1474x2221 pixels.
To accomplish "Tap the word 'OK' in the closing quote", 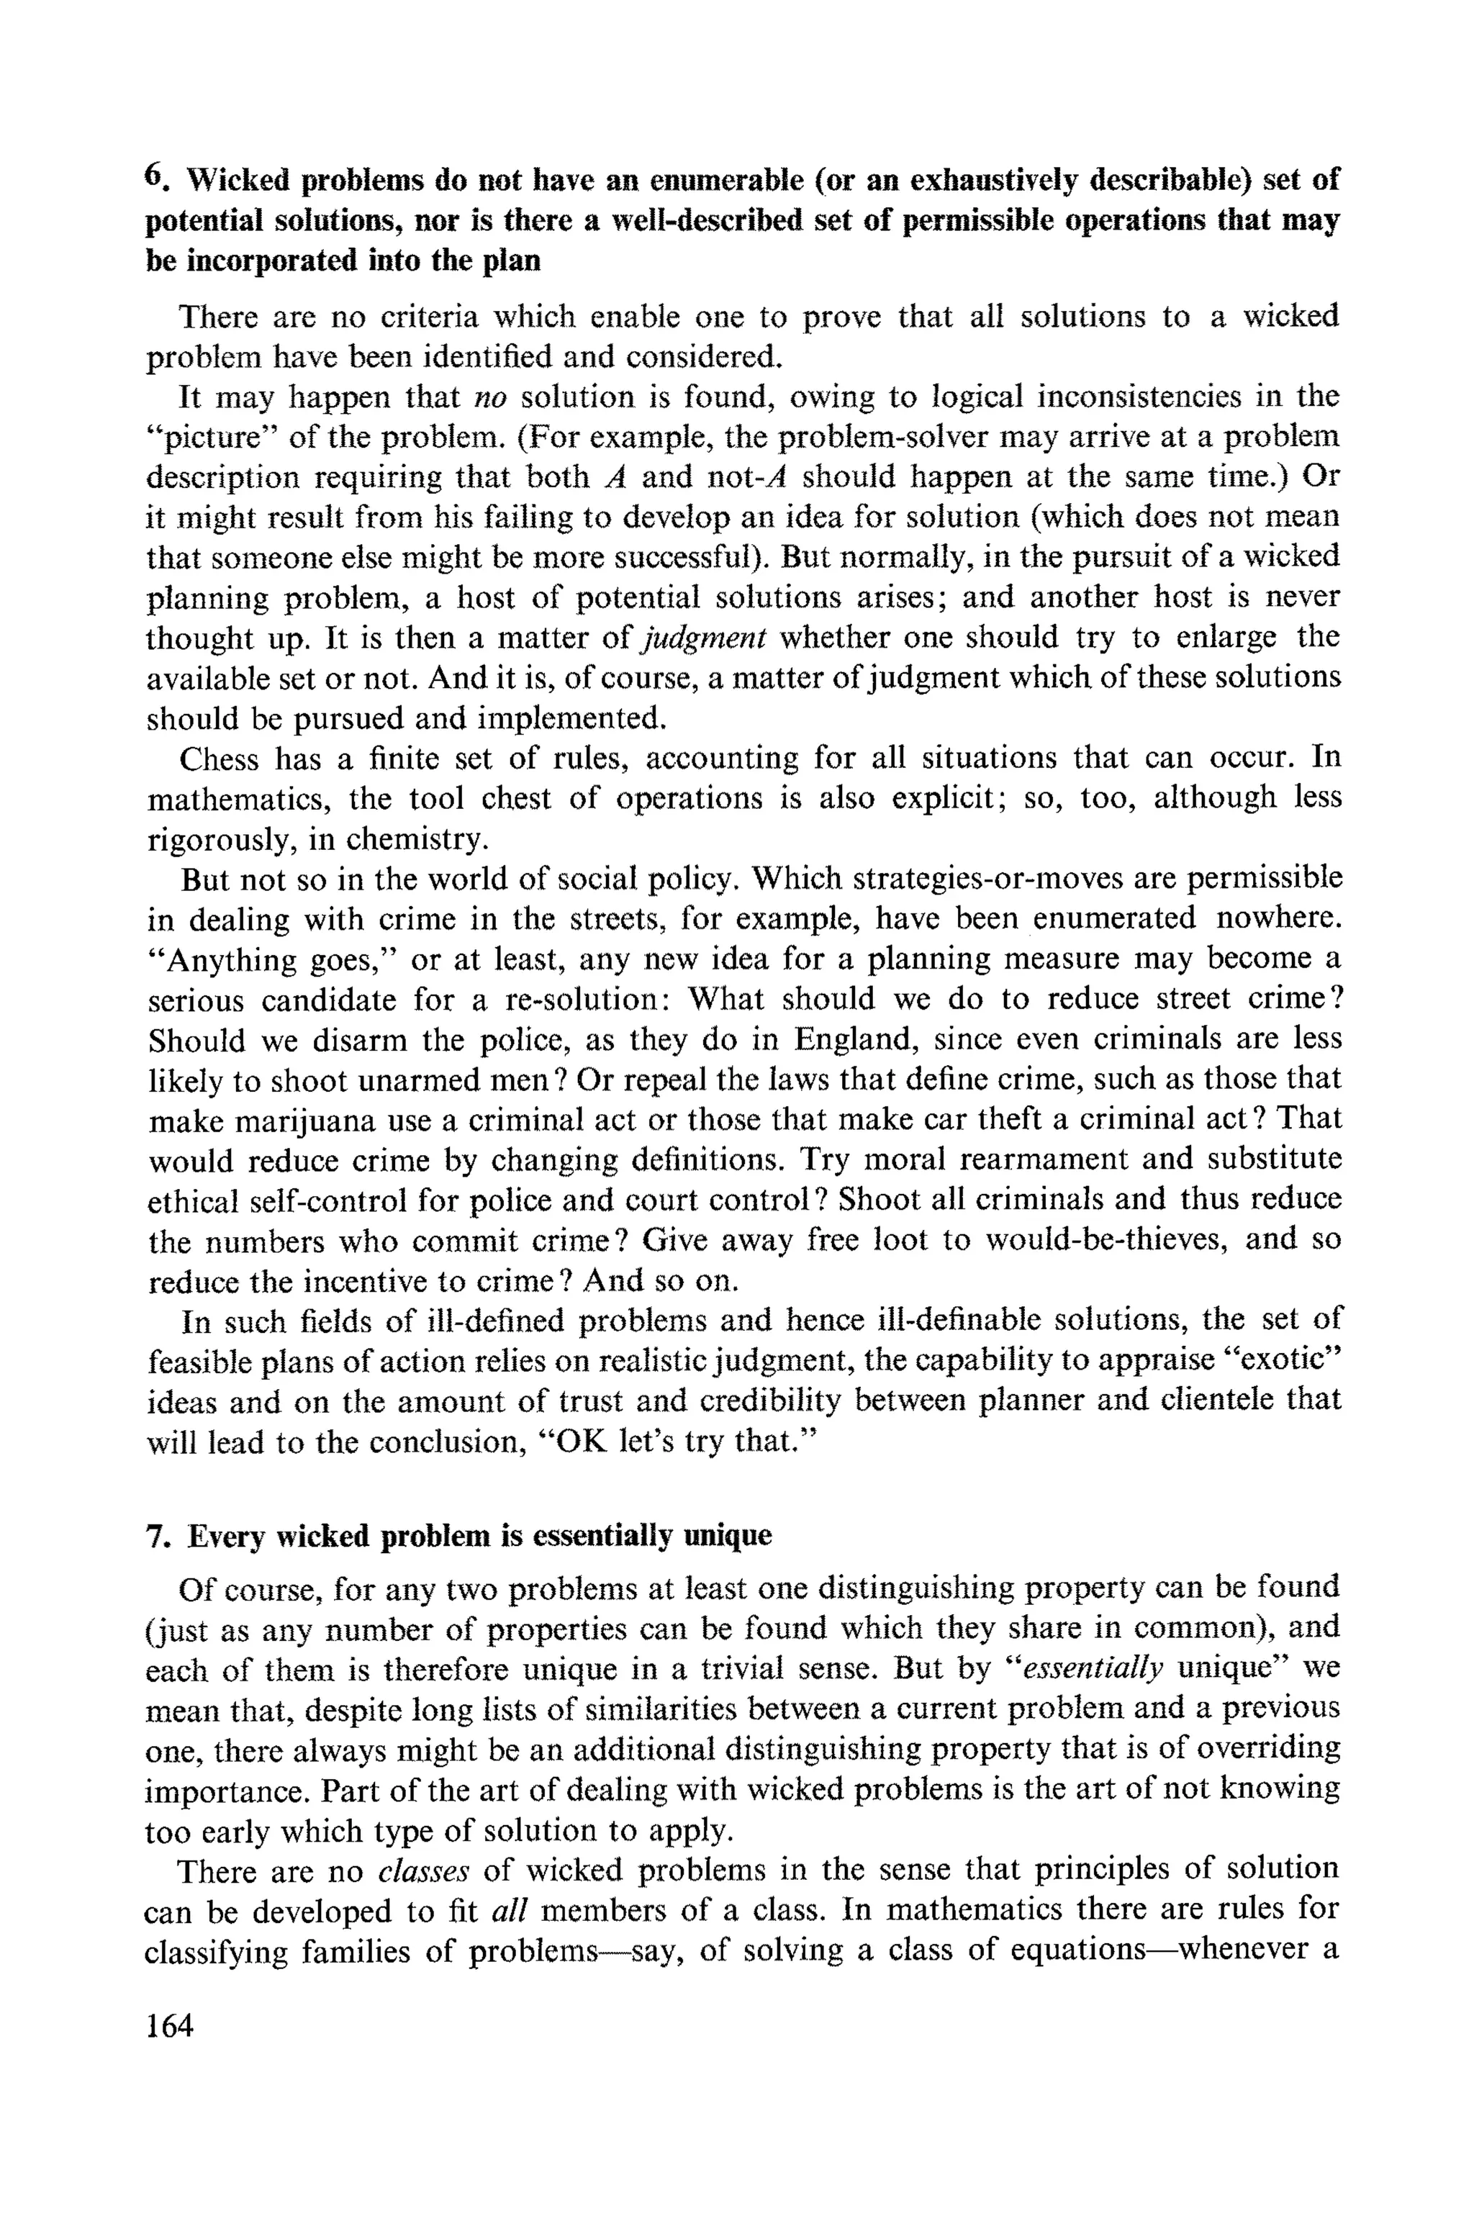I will pos(582,1442).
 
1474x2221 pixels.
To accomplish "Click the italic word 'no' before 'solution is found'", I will pos(489,397).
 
